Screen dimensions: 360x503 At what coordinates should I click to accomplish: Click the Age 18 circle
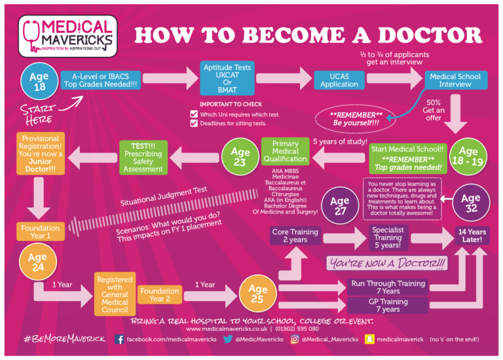39,81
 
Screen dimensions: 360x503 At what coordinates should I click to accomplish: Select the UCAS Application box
339,81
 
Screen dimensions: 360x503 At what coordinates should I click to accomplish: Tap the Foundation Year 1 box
41,232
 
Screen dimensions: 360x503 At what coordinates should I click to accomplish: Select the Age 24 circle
38,262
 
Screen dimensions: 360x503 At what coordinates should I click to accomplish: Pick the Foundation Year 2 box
159,295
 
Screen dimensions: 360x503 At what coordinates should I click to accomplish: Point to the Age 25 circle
257,293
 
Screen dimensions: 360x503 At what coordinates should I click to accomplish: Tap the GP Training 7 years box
388,305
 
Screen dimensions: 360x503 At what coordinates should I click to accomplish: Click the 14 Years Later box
472,235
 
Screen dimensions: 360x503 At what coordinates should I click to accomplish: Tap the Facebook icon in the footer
119,340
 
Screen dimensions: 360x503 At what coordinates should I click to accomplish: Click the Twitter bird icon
228,340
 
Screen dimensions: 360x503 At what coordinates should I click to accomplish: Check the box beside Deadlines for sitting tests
193,123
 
